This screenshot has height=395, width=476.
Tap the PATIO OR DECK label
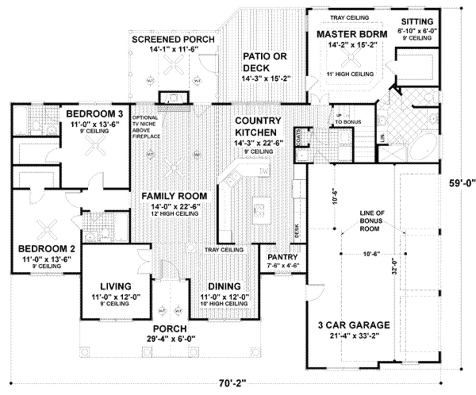265,62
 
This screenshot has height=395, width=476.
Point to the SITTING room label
417,21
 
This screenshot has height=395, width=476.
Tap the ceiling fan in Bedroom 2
46,228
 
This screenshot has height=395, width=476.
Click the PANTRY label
282,257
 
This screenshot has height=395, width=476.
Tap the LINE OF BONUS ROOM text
371,221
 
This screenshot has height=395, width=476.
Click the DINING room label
224,286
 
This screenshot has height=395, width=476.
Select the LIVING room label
116,286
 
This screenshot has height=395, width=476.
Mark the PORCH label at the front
170,329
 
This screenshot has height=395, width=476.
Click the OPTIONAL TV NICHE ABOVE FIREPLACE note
145,127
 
